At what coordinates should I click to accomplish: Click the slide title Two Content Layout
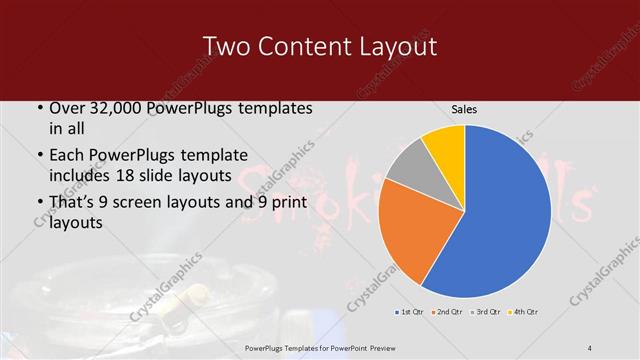319,46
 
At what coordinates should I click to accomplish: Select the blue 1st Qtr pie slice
510,220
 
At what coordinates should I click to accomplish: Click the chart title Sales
464,110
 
